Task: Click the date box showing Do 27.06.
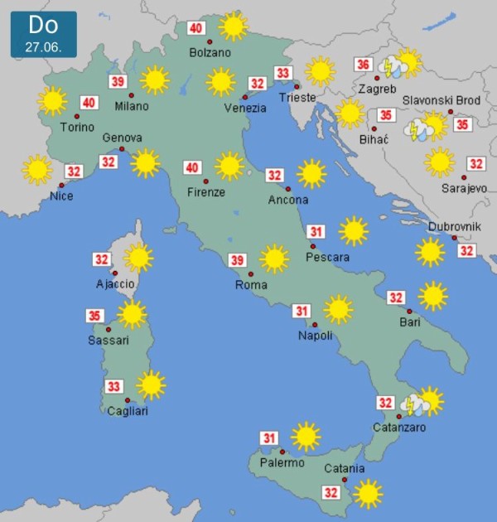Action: click(43, 33)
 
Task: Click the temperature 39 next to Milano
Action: click(118, 81)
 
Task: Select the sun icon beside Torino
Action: click(52, 101)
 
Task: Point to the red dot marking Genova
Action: click(122, 149)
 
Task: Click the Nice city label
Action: click(61, 196)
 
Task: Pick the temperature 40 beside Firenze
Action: click(192, 168)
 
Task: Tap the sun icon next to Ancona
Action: click(311, 173)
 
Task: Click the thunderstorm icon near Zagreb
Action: click(389, 66)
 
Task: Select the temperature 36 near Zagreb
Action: click(362, 65)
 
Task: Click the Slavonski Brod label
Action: click(442, 100)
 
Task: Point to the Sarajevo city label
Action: click(463, 189)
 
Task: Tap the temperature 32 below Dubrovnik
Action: click(466, 250)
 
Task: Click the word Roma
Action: click(251, 285)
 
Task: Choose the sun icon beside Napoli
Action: click(338, 309)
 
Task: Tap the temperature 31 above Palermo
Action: click(269, 438)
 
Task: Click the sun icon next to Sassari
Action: click(132, 314)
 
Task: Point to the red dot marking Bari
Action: click(409, 311)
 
